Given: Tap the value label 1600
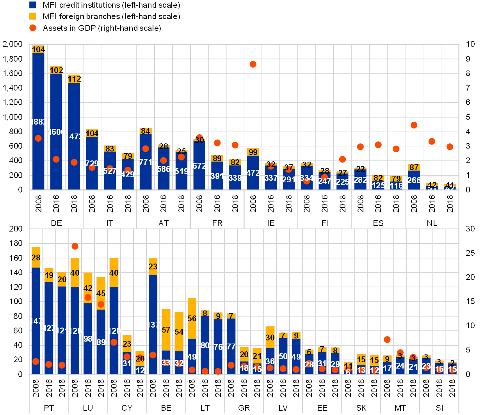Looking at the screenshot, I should [56, 132].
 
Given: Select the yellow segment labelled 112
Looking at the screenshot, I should [74, 79].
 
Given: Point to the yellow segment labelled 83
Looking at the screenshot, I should [110, 148].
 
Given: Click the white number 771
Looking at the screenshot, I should [146, 162].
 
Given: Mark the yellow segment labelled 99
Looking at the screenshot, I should [253, 152].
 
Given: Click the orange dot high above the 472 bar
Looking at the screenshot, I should [253, 64].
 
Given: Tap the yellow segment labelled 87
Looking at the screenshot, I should [414, 167].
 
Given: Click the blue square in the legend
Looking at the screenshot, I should [33, 5].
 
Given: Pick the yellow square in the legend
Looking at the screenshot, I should [33, 16].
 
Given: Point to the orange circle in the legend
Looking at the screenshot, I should [33, 28].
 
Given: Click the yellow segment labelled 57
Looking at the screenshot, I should [166, 330].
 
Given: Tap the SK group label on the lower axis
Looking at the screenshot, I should [361, 408].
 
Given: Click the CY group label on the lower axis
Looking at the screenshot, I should [127, 408].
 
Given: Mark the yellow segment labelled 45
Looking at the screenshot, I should [101, 293].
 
